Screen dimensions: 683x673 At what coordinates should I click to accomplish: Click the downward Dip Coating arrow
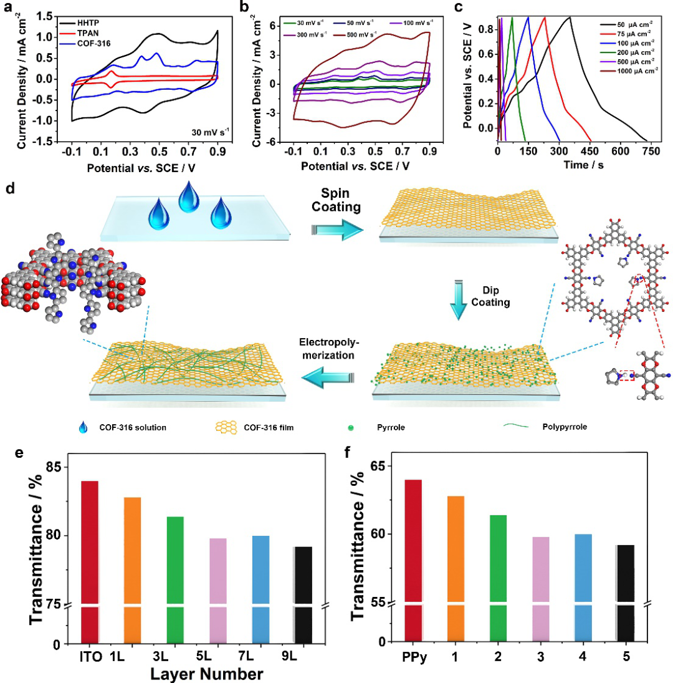pos(458,302)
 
